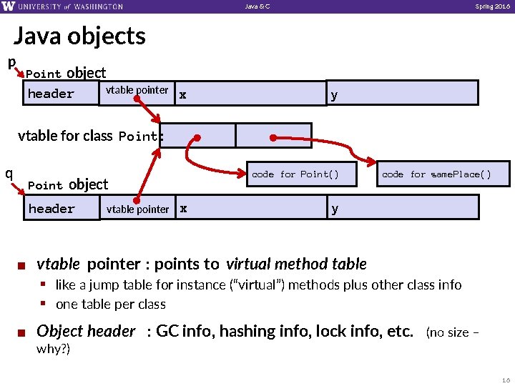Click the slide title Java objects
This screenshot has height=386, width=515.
[79, 36]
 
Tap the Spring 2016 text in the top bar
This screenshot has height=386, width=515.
[493, 6]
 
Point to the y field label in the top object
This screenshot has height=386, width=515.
[334, 94]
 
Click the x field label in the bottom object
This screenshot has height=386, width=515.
[183, 209]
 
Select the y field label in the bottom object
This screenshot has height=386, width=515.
[334, 209]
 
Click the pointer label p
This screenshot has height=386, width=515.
[11, 63]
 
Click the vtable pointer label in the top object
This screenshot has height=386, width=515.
[137, 90]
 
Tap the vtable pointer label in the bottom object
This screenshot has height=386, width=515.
[137, 209]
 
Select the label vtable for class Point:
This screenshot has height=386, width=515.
[90, 136]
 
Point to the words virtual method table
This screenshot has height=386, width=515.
[296, 264]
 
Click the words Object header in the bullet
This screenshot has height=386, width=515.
[85, 331]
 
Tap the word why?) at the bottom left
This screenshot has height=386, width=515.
[53, 349]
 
